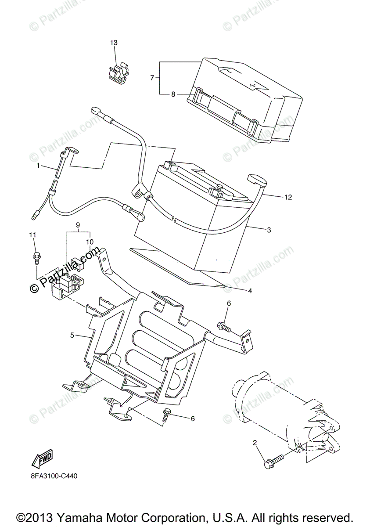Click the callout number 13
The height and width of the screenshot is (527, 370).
point(114,43)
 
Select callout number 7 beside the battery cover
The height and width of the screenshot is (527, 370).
point(152,78)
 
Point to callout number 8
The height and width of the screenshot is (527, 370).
point(173,94)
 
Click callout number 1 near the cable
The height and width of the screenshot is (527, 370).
point(38,166)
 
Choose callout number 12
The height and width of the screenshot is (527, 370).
point(288,197)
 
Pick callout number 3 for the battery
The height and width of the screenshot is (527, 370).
point(269,230)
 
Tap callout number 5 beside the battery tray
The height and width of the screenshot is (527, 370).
point(72,336)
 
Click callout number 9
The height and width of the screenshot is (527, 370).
point(78,225)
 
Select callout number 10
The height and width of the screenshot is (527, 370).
point(90,242)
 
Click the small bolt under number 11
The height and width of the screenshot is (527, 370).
point(36,258)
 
